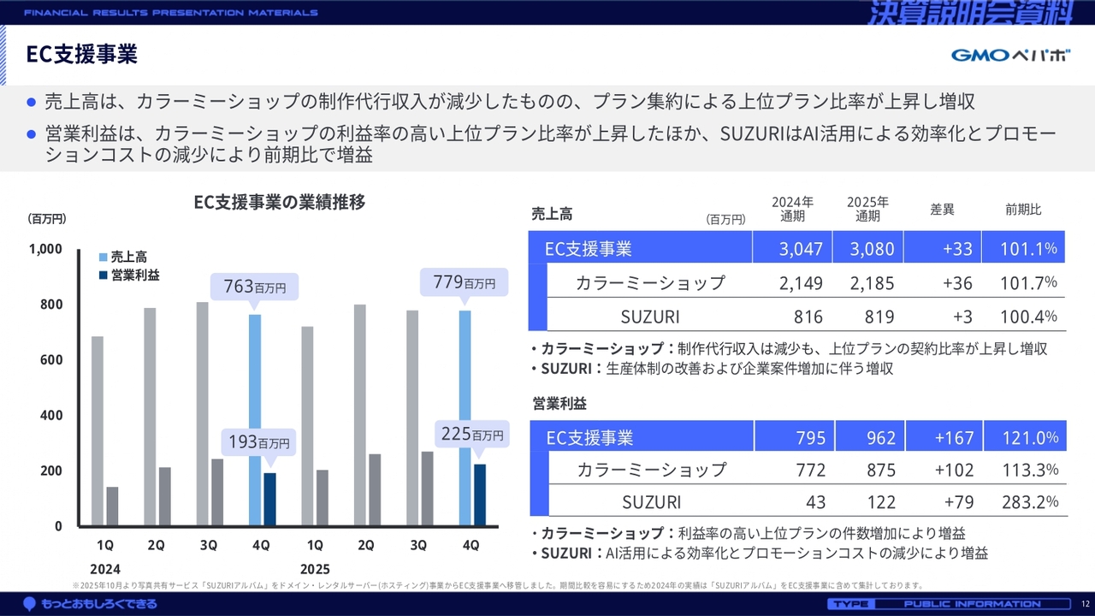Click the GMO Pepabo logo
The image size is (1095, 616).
(1010, 56)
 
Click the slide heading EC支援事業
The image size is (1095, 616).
(82, 55)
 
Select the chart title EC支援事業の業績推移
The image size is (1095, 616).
(280, 203)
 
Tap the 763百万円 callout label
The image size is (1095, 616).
(254, 286)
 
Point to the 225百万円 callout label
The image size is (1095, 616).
(472, 435)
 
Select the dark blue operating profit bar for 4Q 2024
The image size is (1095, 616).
(269, 499)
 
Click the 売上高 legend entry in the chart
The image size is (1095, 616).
(128, 257)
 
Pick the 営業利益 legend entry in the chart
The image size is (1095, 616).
(134, 275)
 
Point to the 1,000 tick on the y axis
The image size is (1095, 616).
(46, 249)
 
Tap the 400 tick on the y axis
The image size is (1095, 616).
(51, 416)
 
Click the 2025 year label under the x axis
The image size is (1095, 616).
(314, 569)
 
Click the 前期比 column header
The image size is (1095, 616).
(1023, 210)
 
